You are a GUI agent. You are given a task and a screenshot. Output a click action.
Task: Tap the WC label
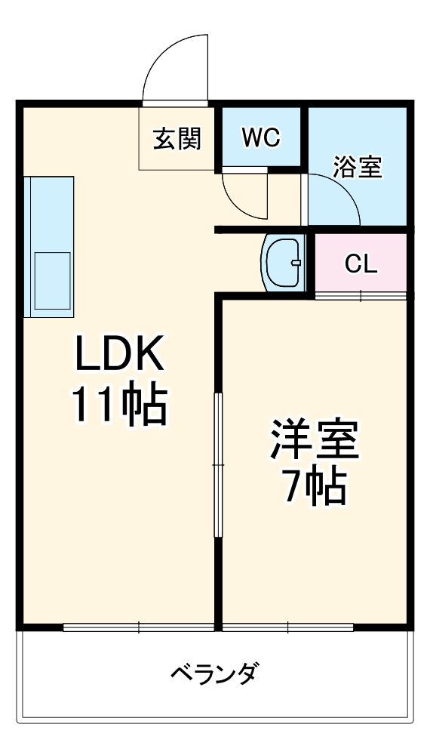[x=261, y=137]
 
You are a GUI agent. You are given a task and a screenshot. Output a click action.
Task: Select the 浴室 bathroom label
[x=358, y=167]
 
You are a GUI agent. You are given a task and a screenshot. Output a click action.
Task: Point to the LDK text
[x=119, y=353]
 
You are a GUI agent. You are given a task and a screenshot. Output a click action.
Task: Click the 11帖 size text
[x=119, y=407]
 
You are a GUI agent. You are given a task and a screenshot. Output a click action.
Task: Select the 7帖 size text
[x=315, y=488]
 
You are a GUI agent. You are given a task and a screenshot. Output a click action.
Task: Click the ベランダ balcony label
[x=214, y=672]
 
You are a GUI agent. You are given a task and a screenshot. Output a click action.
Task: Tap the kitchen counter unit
[x=49, y=246]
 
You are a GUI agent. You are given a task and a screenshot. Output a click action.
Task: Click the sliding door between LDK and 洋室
[x=217, y=464]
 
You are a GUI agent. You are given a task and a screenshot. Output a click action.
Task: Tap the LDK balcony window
[x=140, y=627]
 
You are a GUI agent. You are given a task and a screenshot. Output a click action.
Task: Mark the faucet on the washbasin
[x=296, y=263]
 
